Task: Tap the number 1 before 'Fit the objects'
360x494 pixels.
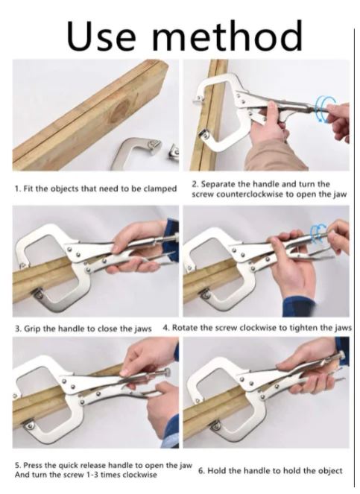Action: pos(17,189)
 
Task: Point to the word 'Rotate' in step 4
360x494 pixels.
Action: pos(187,328)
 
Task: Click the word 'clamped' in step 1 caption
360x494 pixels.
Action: pos(160,189)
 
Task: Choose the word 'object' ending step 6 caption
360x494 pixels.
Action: pos(329,471)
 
